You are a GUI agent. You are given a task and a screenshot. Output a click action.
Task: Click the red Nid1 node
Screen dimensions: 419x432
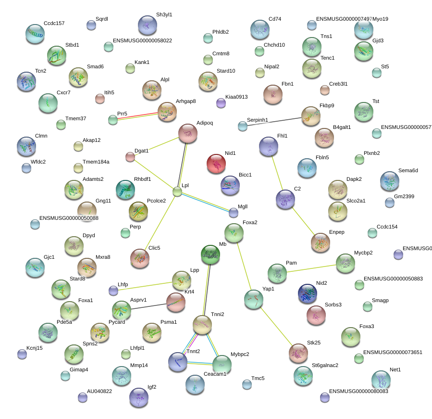(x=216, y=164)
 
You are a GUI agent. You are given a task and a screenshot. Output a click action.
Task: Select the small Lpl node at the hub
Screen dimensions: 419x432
(x=177, y=192)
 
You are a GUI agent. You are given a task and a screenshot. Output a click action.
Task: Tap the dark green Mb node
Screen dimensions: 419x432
(x=210, y=254)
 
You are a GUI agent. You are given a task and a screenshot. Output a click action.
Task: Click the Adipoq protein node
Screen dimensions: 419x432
(x=188, y=133)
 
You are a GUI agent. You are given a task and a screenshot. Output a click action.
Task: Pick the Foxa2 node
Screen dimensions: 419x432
(x=234, y=233)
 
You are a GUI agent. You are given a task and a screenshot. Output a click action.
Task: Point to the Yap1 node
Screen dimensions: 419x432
(x=253, y=299)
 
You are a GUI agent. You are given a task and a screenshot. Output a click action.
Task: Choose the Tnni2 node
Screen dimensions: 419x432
(x=202, y=325)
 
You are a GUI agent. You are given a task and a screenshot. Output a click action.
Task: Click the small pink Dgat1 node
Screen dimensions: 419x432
(x=130, y=156)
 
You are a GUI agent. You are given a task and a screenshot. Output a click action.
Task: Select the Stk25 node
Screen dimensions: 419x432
(x=298, y=353)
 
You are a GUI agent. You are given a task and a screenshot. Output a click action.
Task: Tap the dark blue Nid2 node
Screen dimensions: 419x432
(x=308, y=293)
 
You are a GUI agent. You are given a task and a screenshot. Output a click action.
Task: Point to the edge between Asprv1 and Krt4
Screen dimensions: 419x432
(x=148, y=305)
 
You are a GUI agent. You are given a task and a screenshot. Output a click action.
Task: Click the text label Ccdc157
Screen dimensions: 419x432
(x=54, y=23)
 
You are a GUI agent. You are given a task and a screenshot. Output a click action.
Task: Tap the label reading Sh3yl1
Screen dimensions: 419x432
(x=164, y=15)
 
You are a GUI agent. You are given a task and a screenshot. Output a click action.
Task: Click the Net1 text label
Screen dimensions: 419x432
(x=395, y=370)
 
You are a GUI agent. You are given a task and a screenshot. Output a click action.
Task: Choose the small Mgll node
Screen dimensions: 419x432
(x=234, y=212)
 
